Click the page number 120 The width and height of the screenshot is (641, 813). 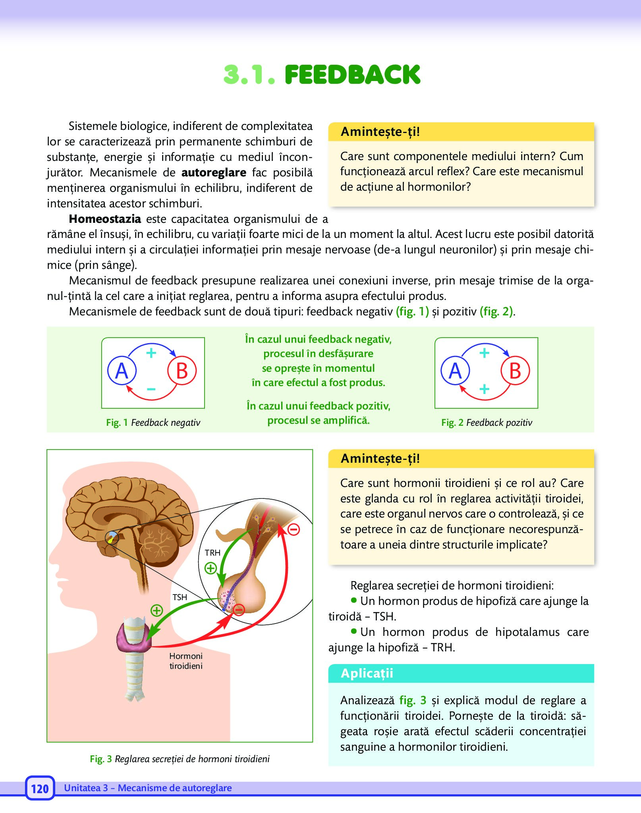40,788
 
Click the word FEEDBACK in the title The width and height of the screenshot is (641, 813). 352,75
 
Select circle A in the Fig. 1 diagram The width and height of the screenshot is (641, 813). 122,371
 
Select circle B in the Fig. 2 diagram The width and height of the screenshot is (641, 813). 515,371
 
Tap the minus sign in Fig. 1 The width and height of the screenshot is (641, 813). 151,389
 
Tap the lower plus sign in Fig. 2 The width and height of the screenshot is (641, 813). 484,388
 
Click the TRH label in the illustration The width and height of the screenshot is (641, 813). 212,552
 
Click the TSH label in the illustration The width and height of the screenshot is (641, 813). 180,597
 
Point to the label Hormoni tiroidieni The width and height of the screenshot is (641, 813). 186,661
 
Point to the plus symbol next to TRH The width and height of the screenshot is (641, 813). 210,568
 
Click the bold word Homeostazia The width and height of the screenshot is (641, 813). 105,219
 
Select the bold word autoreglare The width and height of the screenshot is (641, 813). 214,172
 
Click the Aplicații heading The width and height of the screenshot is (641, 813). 367,673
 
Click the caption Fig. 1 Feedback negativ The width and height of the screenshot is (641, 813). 153,423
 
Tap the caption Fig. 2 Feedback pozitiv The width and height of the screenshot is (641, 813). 487,423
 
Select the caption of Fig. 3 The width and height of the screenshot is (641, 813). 180,759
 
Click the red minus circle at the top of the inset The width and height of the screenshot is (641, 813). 293,529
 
